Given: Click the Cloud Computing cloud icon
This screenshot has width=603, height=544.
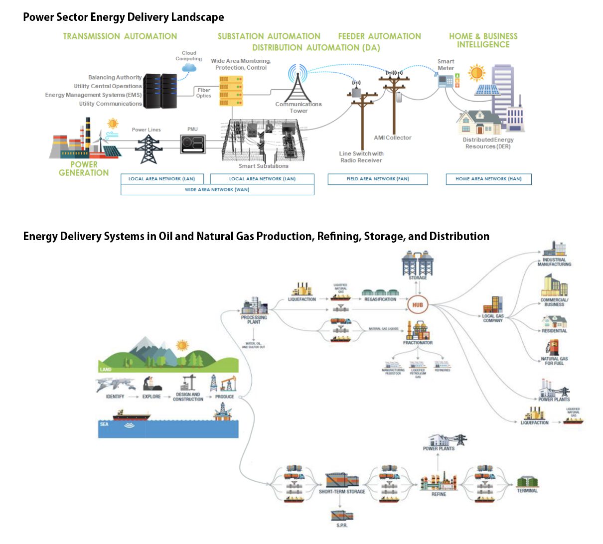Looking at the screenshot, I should click(189, 67).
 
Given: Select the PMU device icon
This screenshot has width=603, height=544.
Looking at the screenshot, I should click(193, 144).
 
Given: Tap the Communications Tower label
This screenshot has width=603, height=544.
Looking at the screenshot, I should click(299, 108).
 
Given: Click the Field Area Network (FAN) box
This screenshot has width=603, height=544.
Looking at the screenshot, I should click(378, 179).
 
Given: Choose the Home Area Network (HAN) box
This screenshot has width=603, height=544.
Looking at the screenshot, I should click(488, 179).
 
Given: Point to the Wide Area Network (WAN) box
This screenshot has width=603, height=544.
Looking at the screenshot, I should click(217, 190).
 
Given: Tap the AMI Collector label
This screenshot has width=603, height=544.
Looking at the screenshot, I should click(393, 138).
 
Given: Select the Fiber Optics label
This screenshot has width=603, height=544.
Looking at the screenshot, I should click(203, 93).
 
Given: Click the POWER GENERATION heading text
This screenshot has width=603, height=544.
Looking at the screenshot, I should click(84, 169).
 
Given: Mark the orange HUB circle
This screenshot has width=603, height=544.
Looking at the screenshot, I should click(418, 305).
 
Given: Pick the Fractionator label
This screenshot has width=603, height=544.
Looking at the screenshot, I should click(418, 343).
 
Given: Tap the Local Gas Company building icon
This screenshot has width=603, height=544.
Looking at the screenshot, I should click(493, 304).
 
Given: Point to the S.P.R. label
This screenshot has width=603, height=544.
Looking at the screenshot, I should click(342, 526).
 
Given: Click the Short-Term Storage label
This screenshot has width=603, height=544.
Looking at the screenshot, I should click(342, 492).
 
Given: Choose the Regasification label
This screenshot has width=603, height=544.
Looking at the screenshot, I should click(380, 299).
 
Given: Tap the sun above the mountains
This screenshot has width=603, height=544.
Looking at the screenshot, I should click(182, 345).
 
